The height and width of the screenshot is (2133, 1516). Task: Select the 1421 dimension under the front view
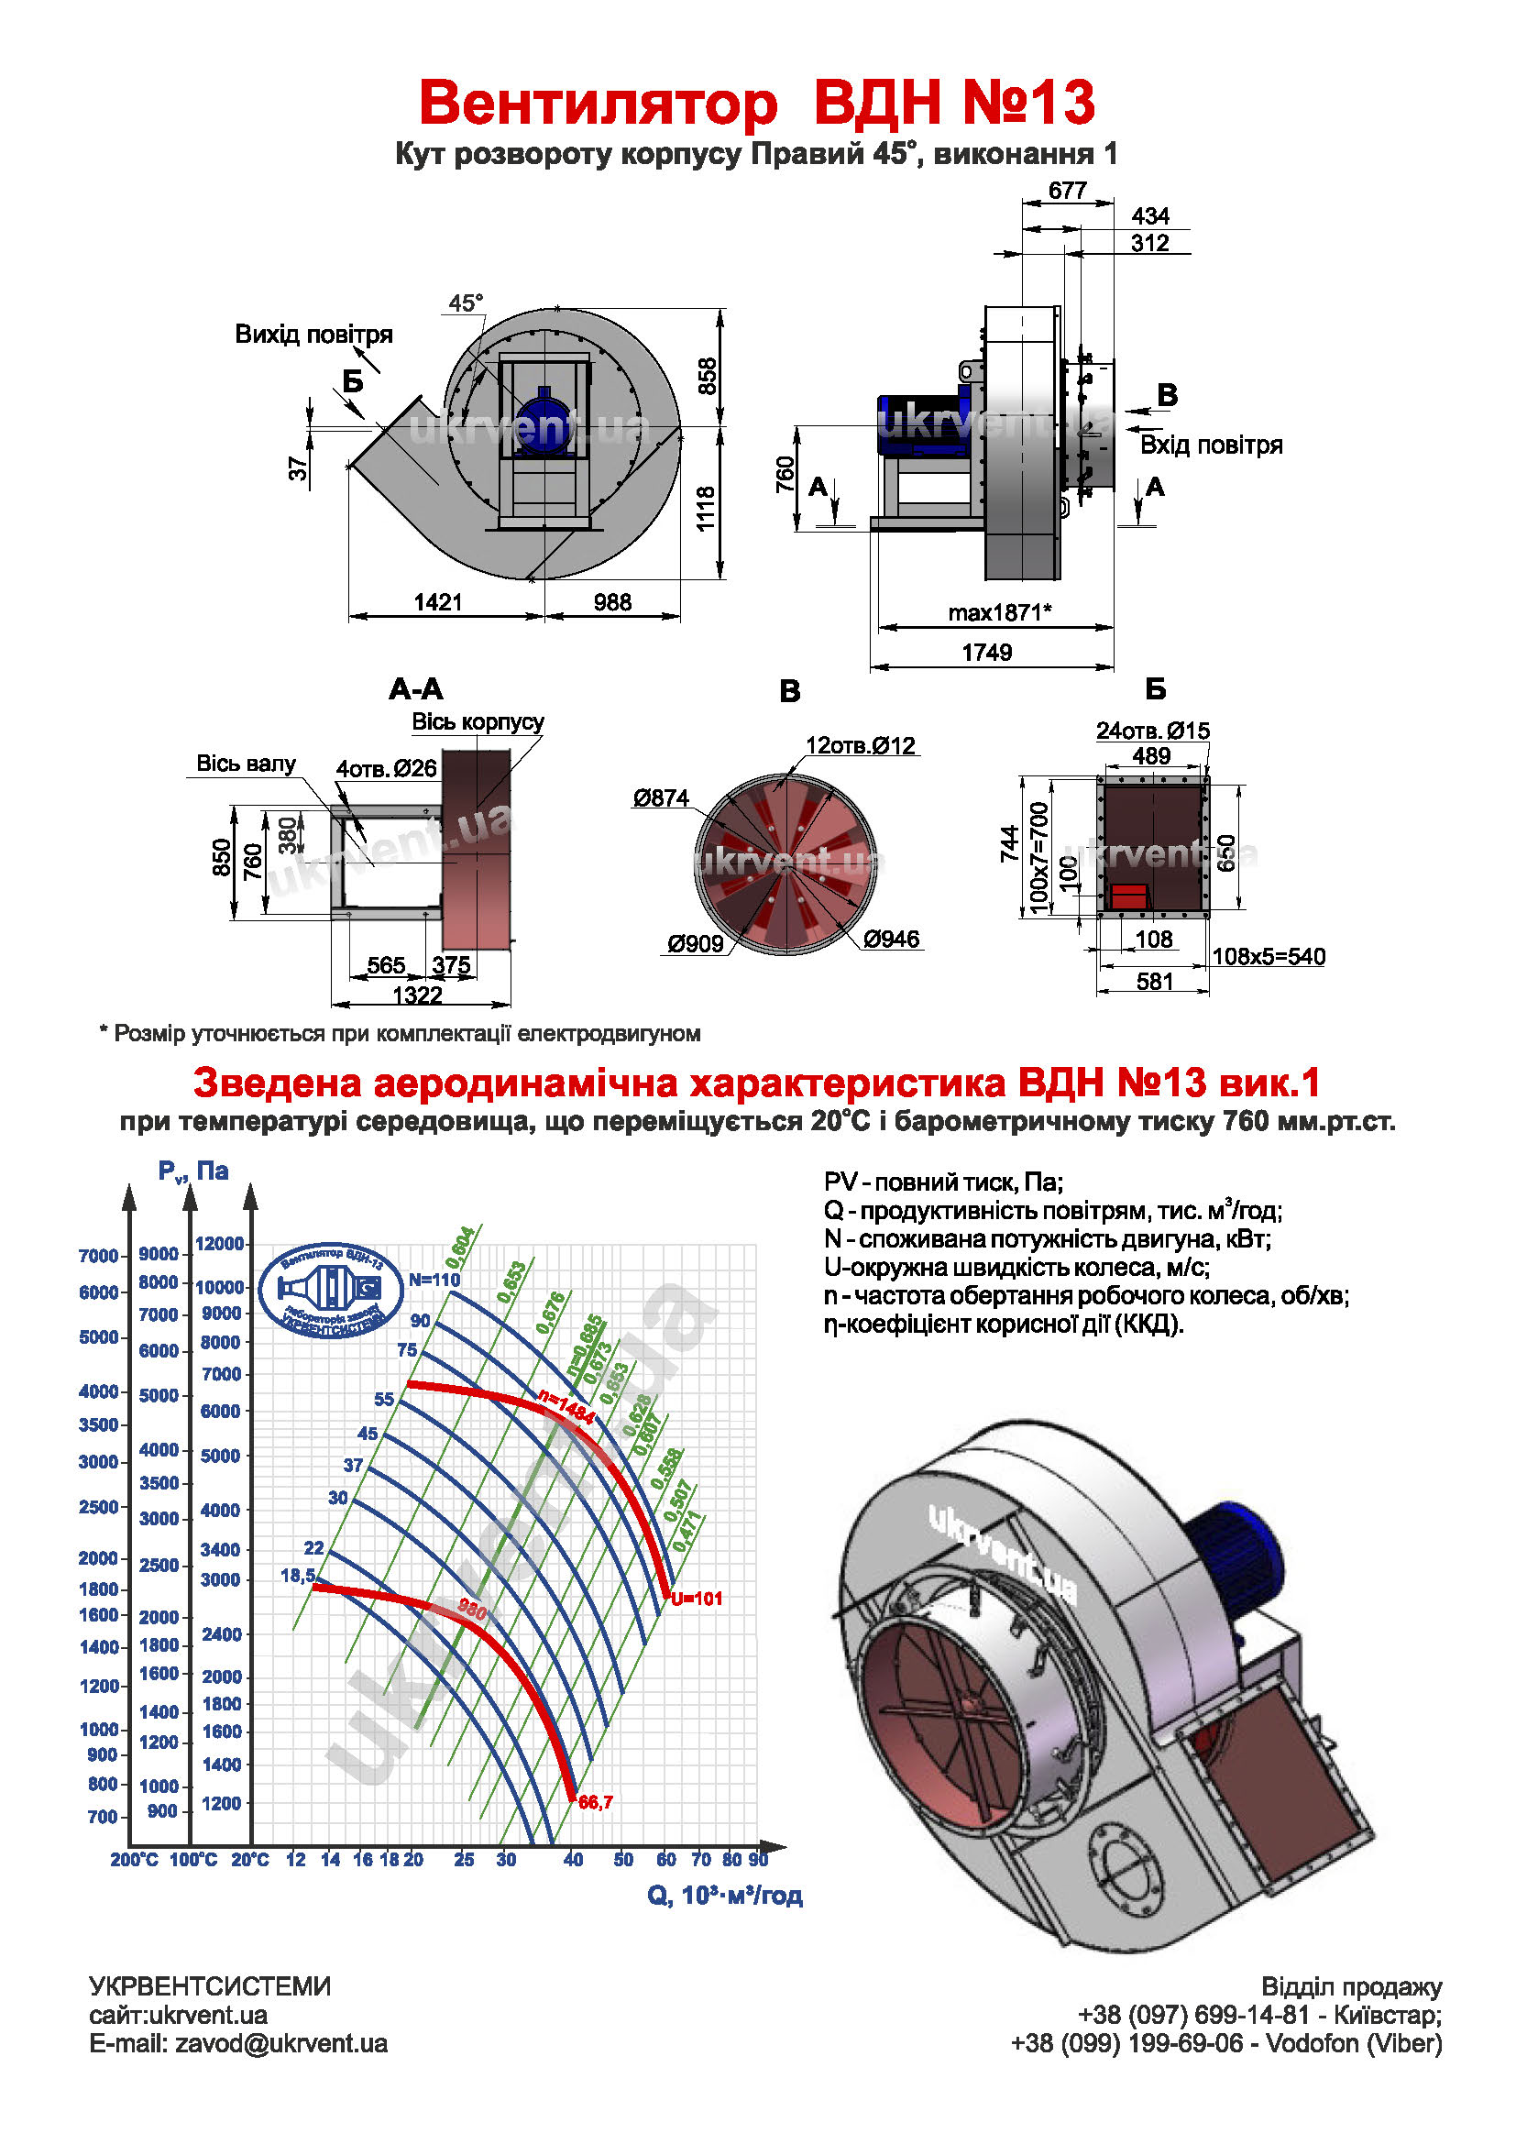pos(438,602)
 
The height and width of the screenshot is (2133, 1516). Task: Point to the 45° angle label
pos(466,303)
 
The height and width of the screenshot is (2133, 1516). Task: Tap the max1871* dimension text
pos(999,612)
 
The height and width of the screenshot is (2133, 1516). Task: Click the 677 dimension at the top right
pos(1067,191)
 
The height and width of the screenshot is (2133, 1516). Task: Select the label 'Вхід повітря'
pos(1211,445)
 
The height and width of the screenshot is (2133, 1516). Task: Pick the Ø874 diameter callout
pos(661,798)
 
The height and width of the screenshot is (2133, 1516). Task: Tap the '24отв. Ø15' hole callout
pos(1152,731)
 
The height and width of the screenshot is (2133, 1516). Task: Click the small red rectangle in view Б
pos(1128,896)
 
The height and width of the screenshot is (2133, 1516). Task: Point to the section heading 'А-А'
pos(415,690)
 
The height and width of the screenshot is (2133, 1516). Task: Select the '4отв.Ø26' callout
pos(387,768)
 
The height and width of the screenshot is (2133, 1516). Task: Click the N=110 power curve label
pos(435,1280)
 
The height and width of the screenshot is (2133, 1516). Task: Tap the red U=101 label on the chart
pos(697,1598)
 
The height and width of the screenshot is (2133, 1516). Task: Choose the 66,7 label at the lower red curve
pos(596,1801)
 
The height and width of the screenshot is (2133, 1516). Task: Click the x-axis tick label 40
pos(573,1860)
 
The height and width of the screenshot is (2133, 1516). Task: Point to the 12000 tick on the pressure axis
pos(219,1243)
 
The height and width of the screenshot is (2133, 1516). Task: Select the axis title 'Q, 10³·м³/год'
pos(724,1895)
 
